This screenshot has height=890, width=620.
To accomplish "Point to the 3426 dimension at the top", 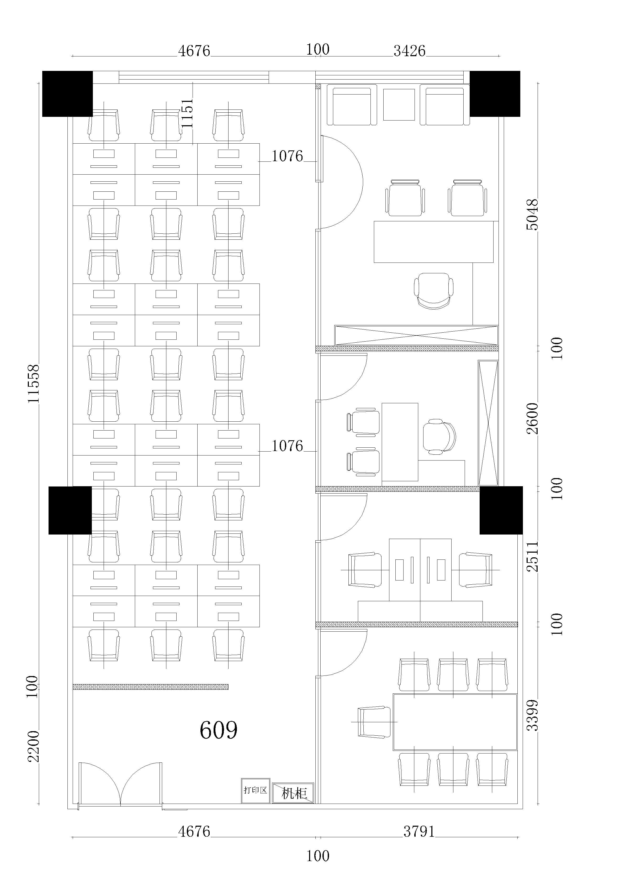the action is (410, 51).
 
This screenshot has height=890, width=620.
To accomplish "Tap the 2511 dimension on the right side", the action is (532, 556).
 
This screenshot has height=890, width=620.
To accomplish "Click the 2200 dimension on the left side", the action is (34, 747).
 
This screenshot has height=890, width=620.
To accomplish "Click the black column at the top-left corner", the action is (67, 94).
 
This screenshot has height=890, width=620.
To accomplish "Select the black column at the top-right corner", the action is (495, 94).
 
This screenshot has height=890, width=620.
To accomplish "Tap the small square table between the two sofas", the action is (399, 105).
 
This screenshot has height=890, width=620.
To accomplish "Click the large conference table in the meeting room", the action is (455, 722).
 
